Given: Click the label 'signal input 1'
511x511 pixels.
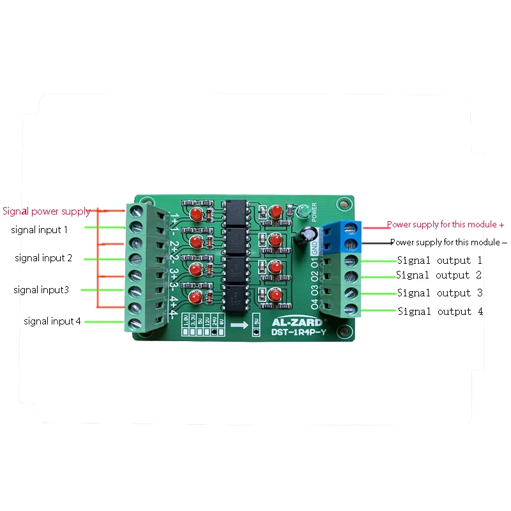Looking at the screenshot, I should tap(39, 229).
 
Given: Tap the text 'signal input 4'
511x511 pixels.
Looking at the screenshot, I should tap(52, 321).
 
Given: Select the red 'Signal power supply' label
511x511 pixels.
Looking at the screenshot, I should tap(46, 211).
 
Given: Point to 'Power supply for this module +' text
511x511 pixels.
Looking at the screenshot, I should tap(446, 225).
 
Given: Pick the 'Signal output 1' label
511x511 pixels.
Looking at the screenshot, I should tap(439, 261).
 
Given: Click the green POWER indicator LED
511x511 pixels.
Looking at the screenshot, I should tap(305, 210).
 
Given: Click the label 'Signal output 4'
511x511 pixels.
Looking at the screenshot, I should tap(440, 312).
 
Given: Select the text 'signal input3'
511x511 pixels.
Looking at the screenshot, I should tap(41, 290).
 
